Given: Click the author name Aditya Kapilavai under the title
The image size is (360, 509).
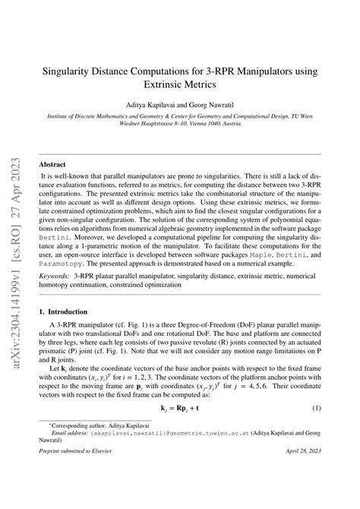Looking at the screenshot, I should pyautogui.click(x=152, y=106).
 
